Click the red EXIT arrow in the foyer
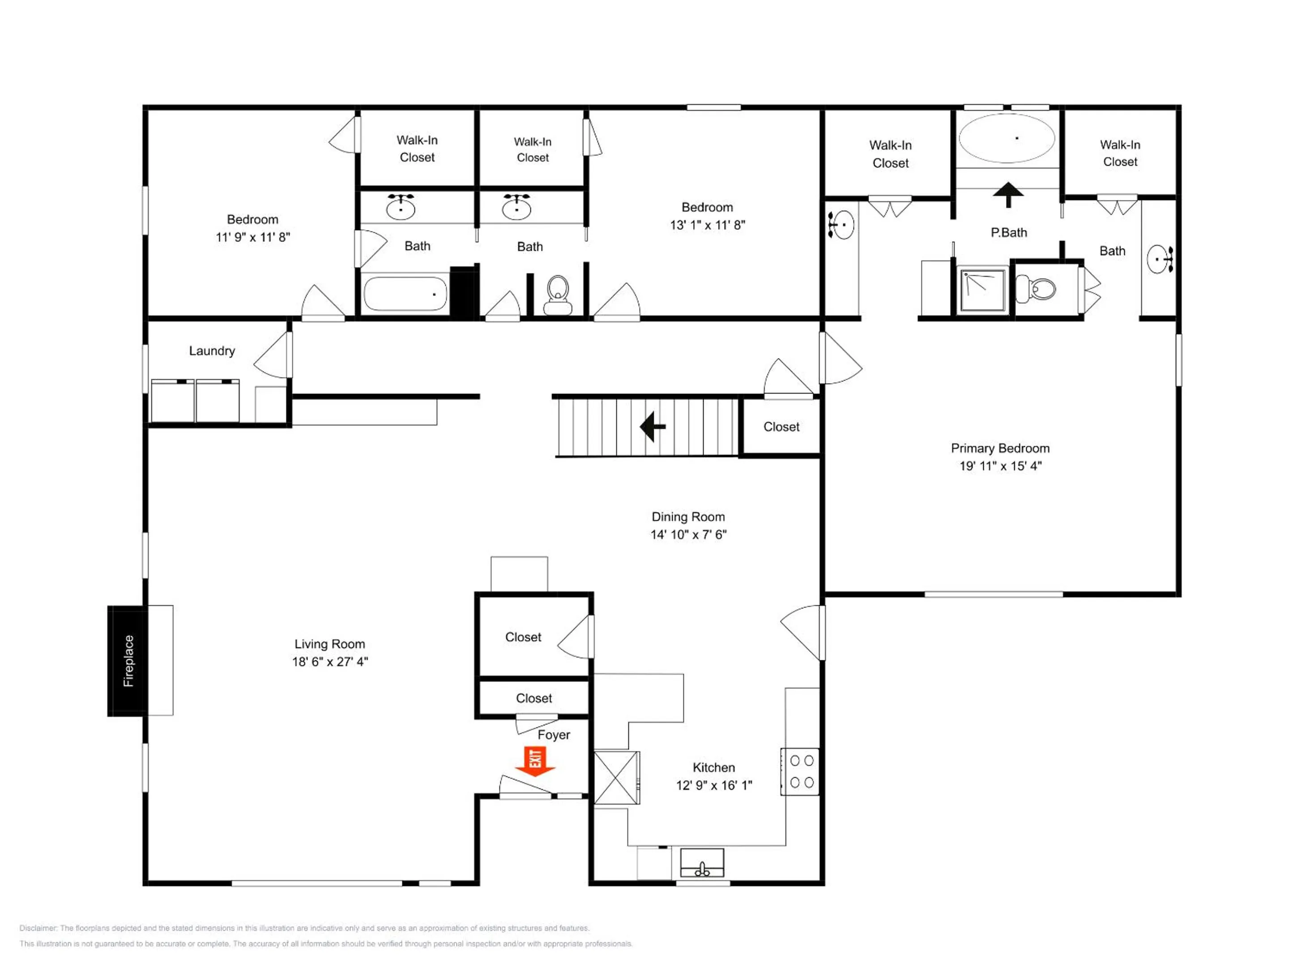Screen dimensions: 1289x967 click(x=535, y=761)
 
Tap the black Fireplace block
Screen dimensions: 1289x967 click(x=128, y=660)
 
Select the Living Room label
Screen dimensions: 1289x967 click(x=330, y=644)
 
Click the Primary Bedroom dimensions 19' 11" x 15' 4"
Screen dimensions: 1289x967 click(x=1001, y=466)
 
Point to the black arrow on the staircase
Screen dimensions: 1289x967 click(x=653, y=427)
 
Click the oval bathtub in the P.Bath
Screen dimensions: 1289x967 click(x=1007, y=138)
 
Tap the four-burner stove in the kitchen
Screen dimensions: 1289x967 click(x=800, y=772)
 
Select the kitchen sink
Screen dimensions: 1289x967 click(x=702, y=863)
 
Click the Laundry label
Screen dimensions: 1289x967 click(x=212, y=351)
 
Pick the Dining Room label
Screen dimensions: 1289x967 click(x=688, y=517)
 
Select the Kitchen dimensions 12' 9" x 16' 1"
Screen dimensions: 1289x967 click(x=714, y=785)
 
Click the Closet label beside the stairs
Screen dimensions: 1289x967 click(x=781, y=427)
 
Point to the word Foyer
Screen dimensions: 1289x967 click(x=554, y=735)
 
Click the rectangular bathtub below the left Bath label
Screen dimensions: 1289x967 click(x=405, y=294)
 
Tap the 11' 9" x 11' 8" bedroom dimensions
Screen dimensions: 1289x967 click(x=253, y=237)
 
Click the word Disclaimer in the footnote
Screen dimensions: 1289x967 click(x=38, y=928)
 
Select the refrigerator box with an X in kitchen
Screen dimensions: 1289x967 click(x=617, y=778)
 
